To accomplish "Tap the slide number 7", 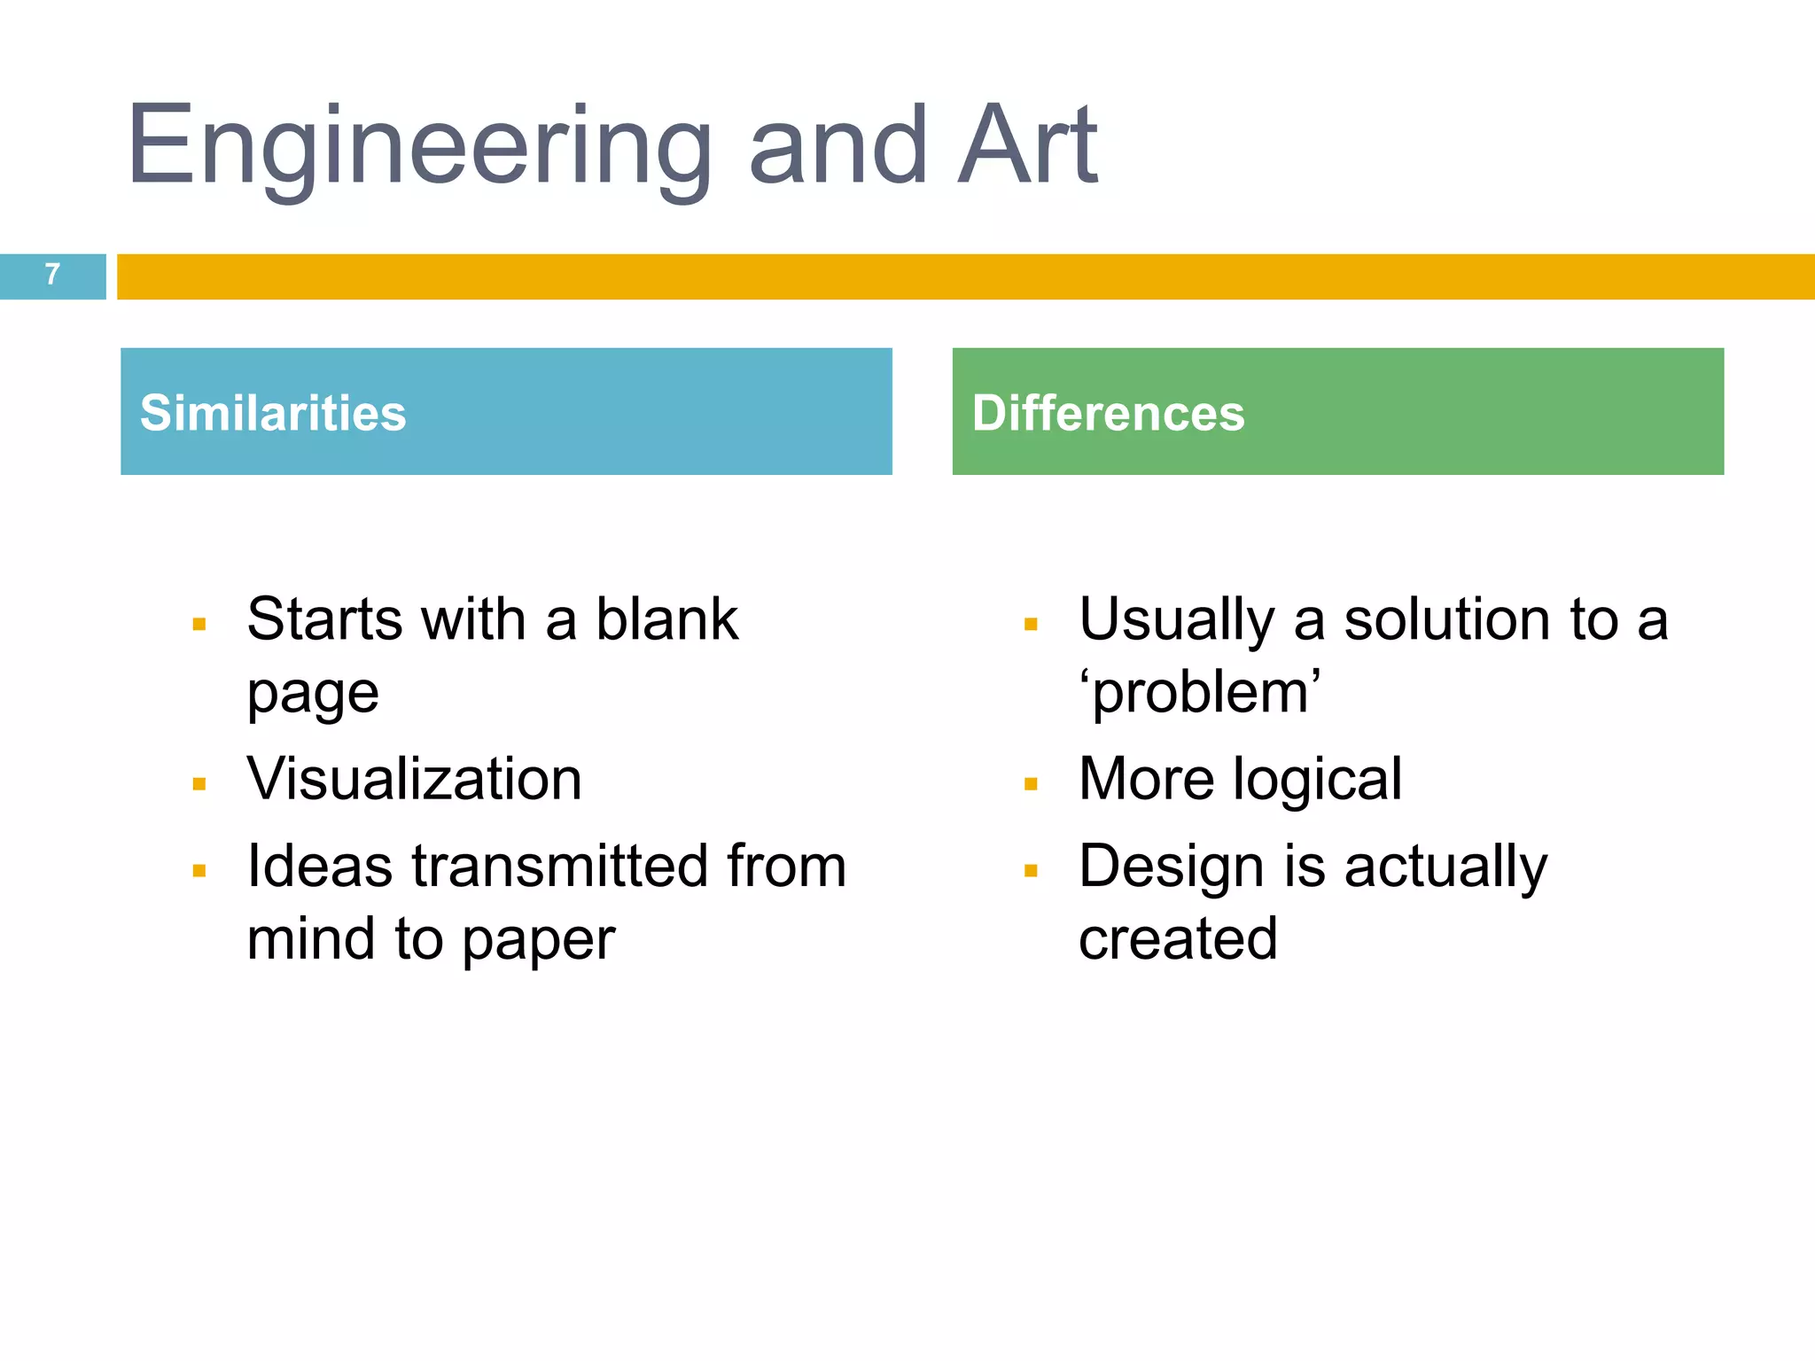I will (x=52, y=275).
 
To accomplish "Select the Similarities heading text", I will (x=273, y=413).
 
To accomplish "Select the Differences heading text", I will (x=1108, y=413).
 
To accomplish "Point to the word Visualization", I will (x=414, y=779).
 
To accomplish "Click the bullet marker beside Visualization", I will (x=199, y=784).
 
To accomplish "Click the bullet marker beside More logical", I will (x=1031, y=784).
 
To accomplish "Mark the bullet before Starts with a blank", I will (x=199, y=625).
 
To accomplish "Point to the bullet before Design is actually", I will (x=1031, y=871).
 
